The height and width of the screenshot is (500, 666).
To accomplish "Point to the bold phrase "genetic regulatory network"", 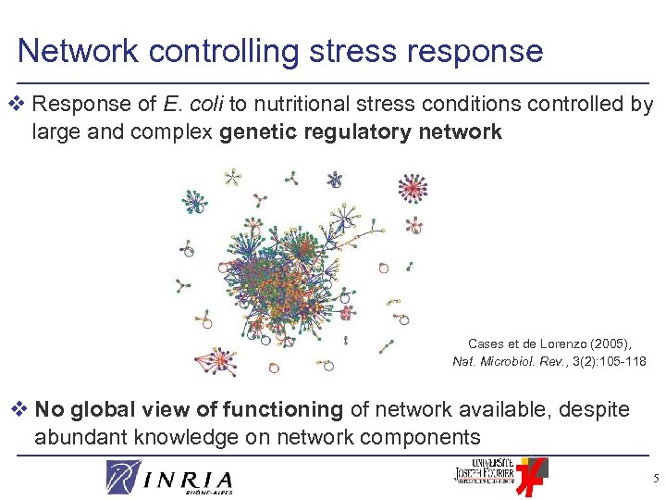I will [361, 131].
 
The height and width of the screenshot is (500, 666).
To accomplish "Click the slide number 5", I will [654, 479].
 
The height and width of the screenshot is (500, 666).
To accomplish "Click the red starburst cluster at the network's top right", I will [412, 188].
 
